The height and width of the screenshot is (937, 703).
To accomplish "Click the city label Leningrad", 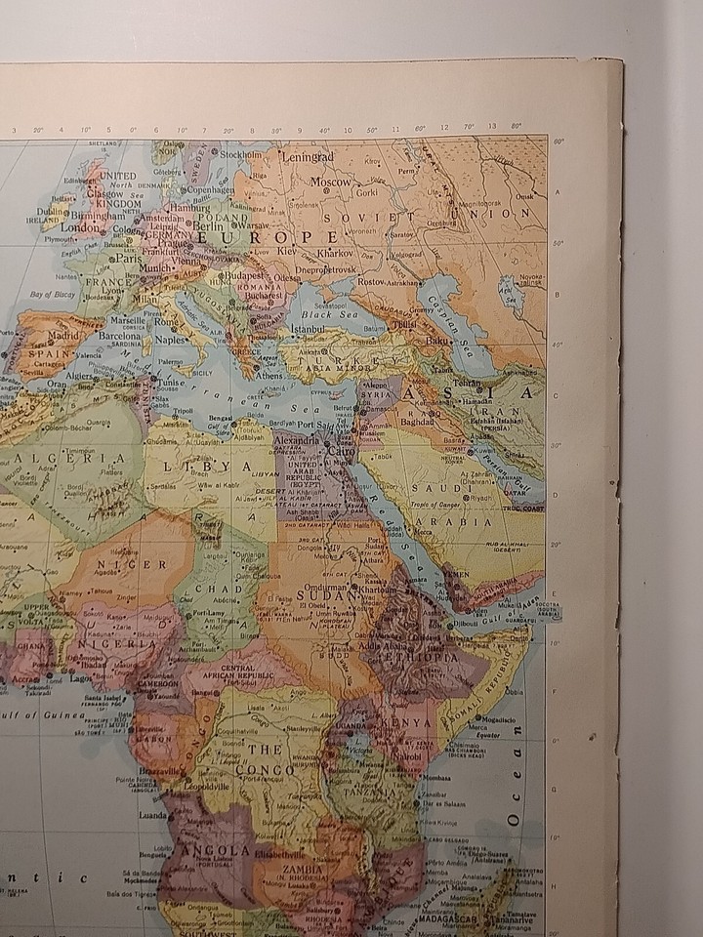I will [308, 156].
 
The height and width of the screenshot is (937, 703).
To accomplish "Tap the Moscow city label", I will [331, 182].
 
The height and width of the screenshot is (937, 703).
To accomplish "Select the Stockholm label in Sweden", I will [241, 154].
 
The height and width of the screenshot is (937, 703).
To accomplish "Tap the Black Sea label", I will [323, 315].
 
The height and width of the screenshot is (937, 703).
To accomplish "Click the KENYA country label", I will [411, 723].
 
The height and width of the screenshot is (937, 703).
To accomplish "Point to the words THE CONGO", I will [265, 759].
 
